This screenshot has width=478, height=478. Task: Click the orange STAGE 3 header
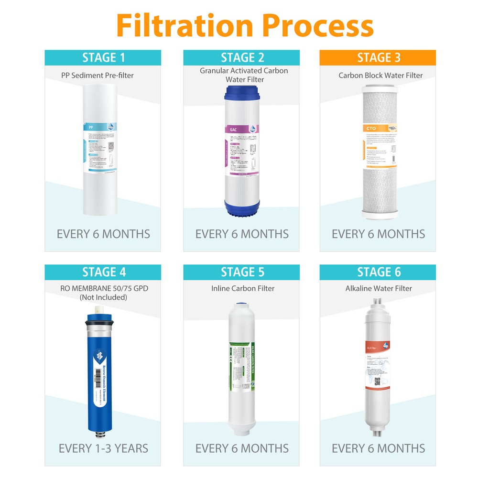(x=378, y=58)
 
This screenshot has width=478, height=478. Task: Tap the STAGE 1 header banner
(x=103, y=58)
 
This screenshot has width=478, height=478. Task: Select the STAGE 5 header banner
(x=242, y=272)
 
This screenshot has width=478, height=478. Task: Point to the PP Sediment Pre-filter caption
(x=98, y=75)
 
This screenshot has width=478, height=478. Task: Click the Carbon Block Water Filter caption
(x=380, y=75)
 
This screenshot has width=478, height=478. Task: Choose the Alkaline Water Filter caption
(x=379, y=288)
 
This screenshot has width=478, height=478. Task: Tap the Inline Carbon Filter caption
(x=243, y=288)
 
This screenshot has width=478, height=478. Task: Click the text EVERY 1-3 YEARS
(x=103, y=448)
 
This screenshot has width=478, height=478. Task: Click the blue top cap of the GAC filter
(x=244, y=91)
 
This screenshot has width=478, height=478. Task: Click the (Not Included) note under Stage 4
(x=104, y=297)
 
